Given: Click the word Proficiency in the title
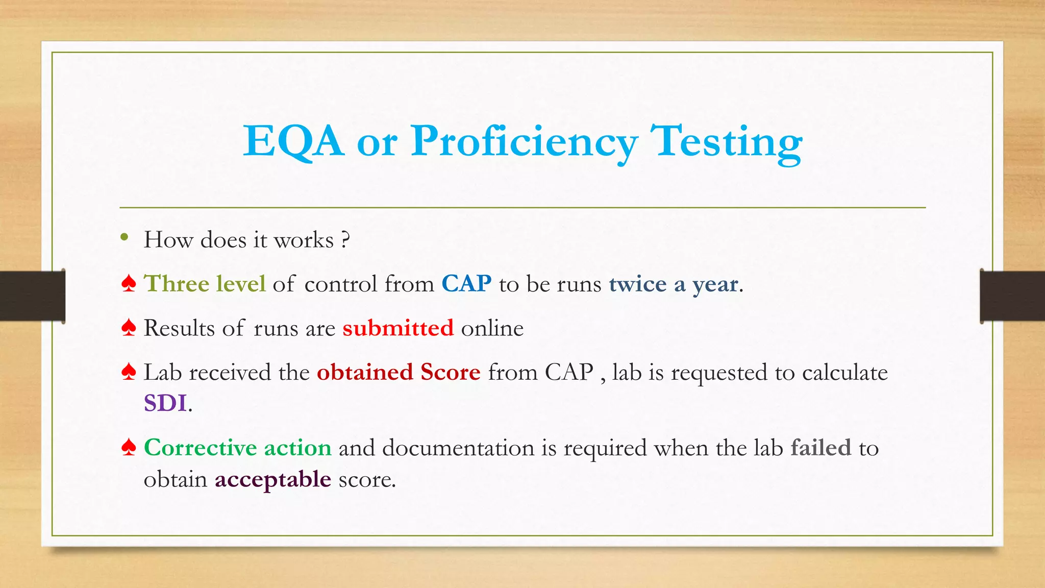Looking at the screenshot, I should coord(525,141).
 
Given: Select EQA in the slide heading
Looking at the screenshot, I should coord(293,141).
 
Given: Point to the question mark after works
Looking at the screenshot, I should coord(346,239).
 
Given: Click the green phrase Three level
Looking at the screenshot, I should coord(205,284).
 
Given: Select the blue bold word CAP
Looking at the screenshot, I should coord(466,284).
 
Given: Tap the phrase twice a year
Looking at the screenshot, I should coord(673,284).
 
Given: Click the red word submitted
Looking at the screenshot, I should coord(398,328).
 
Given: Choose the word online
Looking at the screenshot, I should coord(492,328).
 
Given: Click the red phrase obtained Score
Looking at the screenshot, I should coord(399,372).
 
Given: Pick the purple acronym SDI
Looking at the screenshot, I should coord(165,403).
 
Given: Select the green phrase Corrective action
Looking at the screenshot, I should coord(238,448).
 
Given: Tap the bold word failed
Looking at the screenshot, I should coord(821,448).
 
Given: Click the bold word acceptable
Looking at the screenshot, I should coord(273,480).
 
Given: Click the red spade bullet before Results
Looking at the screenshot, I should coord(129,328).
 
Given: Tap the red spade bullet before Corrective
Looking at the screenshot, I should coord(129,448).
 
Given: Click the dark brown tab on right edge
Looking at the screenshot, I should coord(1012,296).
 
